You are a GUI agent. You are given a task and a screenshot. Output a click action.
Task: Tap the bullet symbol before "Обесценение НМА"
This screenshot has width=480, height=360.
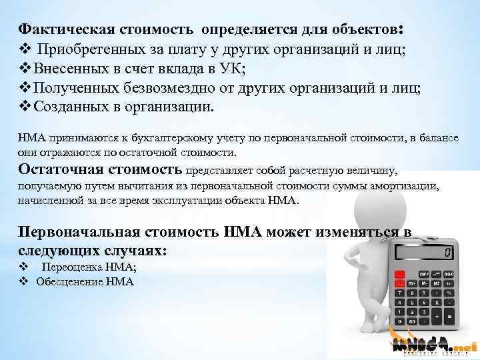23,281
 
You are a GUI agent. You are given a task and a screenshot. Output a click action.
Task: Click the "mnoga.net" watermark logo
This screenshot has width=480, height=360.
434,346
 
